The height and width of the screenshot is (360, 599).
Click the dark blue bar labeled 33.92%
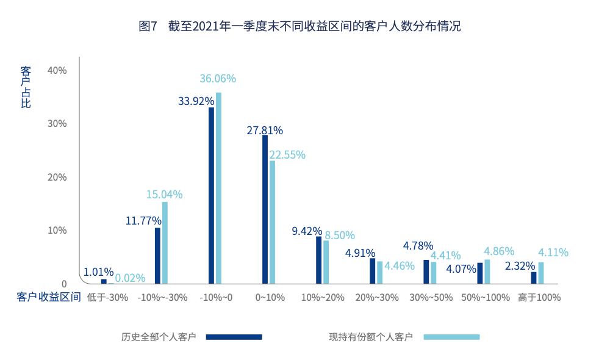coord(211,195)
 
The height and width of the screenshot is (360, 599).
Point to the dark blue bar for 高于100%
coord(534,278)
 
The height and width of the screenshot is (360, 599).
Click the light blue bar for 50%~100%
coord(487,272)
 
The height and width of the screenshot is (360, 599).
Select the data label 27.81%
coord(265,130)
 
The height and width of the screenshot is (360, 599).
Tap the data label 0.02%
coord(130,278)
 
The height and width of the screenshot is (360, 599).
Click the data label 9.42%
coord(307,231)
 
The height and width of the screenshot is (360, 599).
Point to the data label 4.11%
coord(553,252)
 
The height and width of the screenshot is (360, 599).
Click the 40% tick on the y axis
coord(57,70)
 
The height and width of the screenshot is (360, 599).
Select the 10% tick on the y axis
coord(57,230)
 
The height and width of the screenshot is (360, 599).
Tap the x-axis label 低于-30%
coord(108,298)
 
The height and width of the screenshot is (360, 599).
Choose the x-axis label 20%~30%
coord(376,298)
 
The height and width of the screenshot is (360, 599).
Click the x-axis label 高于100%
coord(539,298)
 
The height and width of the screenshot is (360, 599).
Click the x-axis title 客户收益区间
coord(49,298)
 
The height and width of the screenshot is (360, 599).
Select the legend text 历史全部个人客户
coord(159,337)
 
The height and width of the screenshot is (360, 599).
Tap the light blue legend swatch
coord(451,337)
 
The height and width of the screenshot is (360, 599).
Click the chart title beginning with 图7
coord(299,26)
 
